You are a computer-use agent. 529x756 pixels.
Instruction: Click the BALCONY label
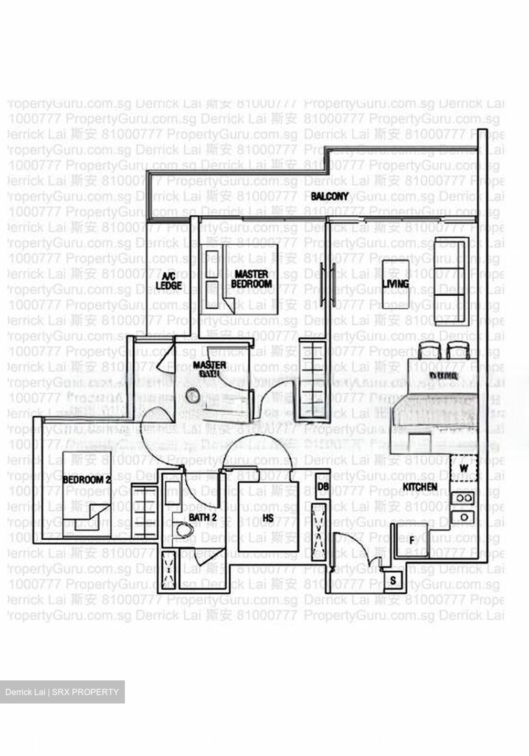[330, 196]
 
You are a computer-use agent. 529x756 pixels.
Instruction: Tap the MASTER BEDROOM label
[251, 279]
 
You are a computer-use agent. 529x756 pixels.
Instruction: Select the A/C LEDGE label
[168, 281]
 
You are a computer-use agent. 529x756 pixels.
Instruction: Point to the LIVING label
[395, 284]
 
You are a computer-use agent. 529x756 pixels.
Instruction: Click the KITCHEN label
[420, 487]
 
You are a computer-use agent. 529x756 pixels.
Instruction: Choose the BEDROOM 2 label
[87, 480]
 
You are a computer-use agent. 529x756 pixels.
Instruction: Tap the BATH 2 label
[203, 518]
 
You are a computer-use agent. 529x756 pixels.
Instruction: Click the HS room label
[268, 518]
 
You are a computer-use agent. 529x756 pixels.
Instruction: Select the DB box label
[323, 487]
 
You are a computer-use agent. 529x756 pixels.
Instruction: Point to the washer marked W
[464, 468]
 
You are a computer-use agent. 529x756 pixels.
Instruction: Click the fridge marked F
[412, 540]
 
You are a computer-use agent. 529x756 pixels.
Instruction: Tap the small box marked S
[393, 581]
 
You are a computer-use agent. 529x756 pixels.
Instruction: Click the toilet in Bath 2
[183, 530]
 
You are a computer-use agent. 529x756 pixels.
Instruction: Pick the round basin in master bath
[193, 395]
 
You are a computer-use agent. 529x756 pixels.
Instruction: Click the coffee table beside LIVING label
[396, 284]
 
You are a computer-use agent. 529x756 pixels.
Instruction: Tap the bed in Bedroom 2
[87, 493]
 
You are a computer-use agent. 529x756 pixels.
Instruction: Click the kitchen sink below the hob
[464, 517]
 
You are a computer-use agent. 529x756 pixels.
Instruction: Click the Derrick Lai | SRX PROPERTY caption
[62, 692]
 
